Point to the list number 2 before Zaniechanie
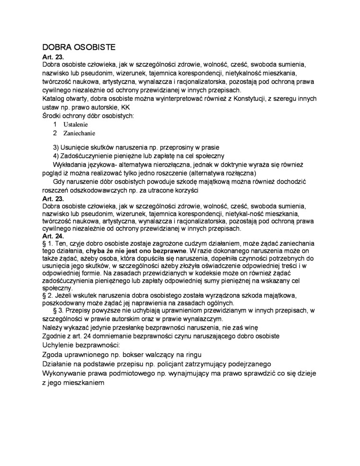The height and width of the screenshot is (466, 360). pyautogui.click(x=55, y=133)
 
